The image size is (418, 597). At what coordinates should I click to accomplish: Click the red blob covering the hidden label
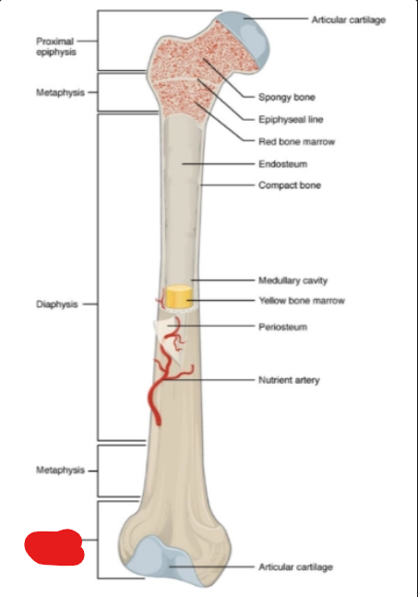[54, 547]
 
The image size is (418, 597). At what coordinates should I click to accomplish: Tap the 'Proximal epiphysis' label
[56, 46]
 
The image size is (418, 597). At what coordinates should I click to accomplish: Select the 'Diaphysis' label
[56, 304]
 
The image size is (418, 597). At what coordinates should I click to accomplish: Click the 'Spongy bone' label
[287, 97]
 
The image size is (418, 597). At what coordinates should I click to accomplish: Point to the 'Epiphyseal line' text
[291, 120]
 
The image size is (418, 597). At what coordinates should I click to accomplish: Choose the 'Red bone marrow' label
[296, 141]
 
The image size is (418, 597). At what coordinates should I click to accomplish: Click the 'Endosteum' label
[283, 164]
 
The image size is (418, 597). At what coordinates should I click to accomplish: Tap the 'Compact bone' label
[290, 185]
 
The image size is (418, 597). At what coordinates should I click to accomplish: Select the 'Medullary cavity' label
[293, 281]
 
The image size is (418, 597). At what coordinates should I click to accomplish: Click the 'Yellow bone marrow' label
[302, 301]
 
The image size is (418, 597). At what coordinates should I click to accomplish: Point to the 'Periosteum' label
[283, 327]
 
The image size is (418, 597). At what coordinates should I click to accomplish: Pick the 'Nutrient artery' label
[289, 380]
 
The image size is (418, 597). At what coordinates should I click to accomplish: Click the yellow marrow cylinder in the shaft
[178, 296]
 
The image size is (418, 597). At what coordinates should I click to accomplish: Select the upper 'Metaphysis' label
[60, 92]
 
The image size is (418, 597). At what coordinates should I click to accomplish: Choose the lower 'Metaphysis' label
[60, 471]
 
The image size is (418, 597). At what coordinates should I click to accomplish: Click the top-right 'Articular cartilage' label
[349, 19]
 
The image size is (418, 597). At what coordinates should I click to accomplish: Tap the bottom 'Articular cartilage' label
[296, 567]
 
